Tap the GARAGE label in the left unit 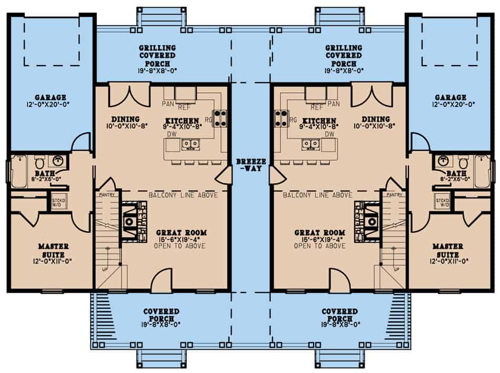51,97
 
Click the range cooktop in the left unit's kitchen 219,118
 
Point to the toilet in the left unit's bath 39,162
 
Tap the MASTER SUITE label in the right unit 447,250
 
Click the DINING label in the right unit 376,119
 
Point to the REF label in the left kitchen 183,108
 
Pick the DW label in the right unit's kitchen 330,134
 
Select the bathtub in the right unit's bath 482,171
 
